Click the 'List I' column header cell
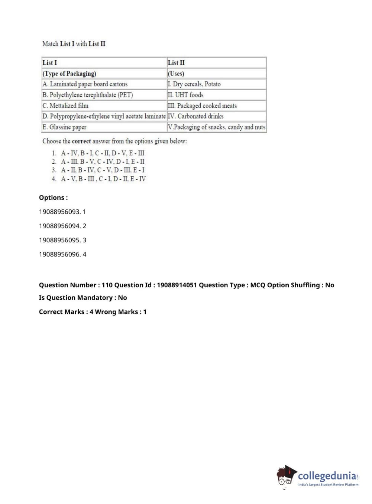point(104,62)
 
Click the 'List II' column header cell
point(217,62)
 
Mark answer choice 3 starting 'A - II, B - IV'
point(103,170)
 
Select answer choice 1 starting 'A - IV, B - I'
point(103,153)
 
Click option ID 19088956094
point(62,226)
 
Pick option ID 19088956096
point(62,254)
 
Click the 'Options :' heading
point(54,198)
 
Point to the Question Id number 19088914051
point(177,285)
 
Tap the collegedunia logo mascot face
point(285,476)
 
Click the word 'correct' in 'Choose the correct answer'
point(81,141)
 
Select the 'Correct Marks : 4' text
point(66,312)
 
